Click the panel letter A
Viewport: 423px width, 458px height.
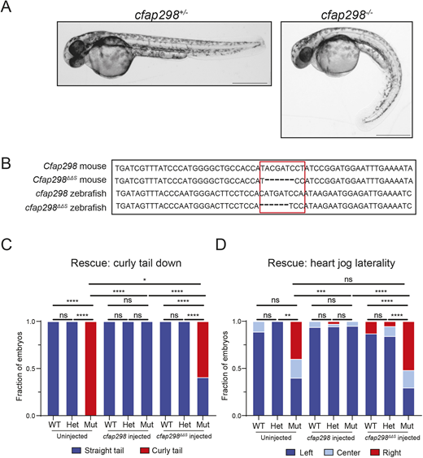(6, 6)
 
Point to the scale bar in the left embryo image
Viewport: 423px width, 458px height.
(250, 84)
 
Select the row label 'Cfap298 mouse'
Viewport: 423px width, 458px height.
(75, 166)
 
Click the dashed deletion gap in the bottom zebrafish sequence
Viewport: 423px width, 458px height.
(274, 205)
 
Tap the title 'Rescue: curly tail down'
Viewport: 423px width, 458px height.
(126, 263)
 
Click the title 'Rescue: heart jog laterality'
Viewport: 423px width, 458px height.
(331, 263)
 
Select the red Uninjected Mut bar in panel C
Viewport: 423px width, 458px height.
(90, 369)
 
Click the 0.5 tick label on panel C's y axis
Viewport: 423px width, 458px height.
(31, 369)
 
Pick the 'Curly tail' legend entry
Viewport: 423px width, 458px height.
(162, 451)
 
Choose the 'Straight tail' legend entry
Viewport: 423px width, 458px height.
(98, 451)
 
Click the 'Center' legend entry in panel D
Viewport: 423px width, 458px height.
(342, 452)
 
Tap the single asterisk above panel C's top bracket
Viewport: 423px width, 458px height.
(145, 280)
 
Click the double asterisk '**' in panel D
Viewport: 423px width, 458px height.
(288, 315)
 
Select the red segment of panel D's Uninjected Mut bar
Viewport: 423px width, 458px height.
(296, 340)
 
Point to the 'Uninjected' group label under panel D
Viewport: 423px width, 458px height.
(276, 438)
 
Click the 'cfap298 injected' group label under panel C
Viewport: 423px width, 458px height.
(127, 436)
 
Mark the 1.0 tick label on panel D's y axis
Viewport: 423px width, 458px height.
(237, 322)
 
